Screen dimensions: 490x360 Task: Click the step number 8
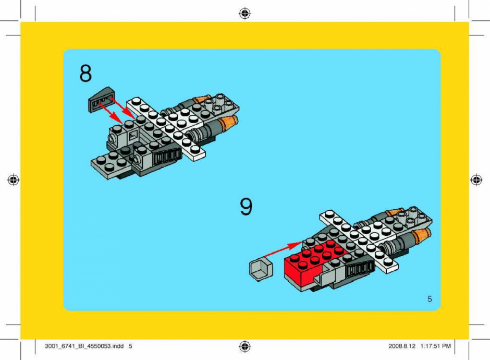pyautogui.click(x=85, y=73)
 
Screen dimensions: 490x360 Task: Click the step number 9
pyautogui.click(x=246, y=207)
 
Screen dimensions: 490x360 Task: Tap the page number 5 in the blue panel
pyautogui.click(x=430, y=299)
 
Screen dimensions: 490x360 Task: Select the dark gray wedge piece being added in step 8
pyautogui.click(x=102, y=100)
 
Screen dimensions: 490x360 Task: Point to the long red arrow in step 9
pyautogui.click(x=284, y=249)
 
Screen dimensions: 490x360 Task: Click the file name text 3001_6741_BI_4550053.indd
pyautogui.click(x=84, y=346)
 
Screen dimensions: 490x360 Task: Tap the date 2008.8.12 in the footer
pyautogui.click(x=402, y=346)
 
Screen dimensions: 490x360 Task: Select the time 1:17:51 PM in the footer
pyautogui.click(x=436, y=346)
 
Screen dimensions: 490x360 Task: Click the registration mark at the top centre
pyautogui.click(x=244, y=14)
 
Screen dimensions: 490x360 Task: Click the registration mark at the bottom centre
pyautogui.click(x=244, y=346)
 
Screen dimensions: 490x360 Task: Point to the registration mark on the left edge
pyautogui.click(x=13, y=180)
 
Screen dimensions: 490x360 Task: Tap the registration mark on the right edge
pyautogui.click(x=476, y=180)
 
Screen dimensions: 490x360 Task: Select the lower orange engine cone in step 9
pyautogui.click(x=421, y=237)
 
